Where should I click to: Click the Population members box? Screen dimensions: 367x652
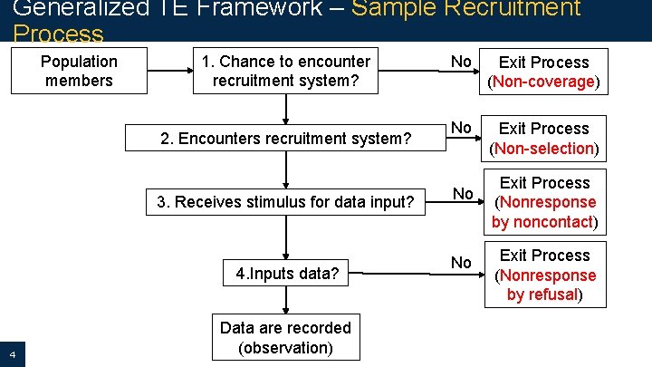tap(79, 72)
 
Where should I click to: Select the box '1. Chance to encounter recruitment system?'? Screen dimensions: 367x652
tap(285, 72)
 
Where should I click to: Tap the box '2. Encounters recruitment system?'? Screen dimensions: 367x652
tap(285, 139)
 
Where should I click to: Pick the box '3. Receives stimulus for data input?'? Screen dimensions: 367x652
tap(285, 202)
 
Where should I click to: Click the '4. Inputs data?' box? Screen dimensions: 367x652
tap(287, 274)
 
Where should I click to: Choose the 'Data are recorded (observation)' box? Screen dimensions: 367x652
tap(285, 338)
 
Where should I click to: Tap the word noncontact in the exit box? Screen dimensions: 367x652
tap(551, 221)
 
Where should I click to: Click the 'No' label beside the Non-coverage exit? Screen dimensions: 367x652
tap(461, 62)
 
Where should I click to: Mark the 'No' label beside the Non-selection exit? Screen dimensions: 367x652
tap(461, 128)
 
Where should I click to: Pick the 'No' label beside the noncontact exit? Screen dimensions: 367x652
tap(463, 193)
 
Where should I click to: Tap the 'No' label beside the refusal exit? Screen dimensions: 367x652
tap(461, 263)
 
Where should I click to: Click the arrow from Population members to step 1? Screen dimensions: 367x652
tap(169, 72)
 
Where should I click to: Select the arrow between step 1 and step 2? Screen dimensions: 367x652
tap(286, 108)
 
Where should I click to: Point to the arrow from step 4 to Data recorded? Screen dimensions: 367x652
tap(286, 302)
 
